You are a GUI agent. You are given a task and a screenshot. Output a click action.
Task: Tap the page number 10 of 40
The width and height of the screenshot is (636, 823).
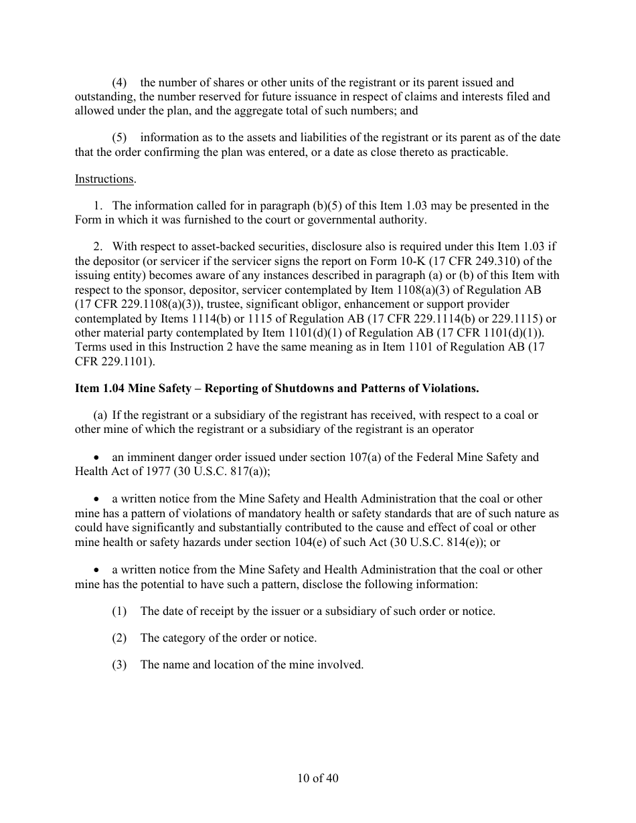[x=318, y=778]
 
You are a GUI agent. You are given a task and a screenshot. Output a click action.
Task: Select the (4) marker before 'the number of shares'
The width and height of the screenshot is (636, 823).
[x=119, y=83]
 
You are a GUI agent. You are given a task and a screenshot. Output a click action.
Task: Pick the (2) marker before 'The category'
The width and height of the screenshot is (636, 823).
[x=119, y=638]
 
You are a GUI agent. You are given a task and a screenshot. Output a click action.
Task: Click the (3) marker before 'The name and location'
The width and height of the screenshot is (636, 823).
[x=119, y=665]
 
